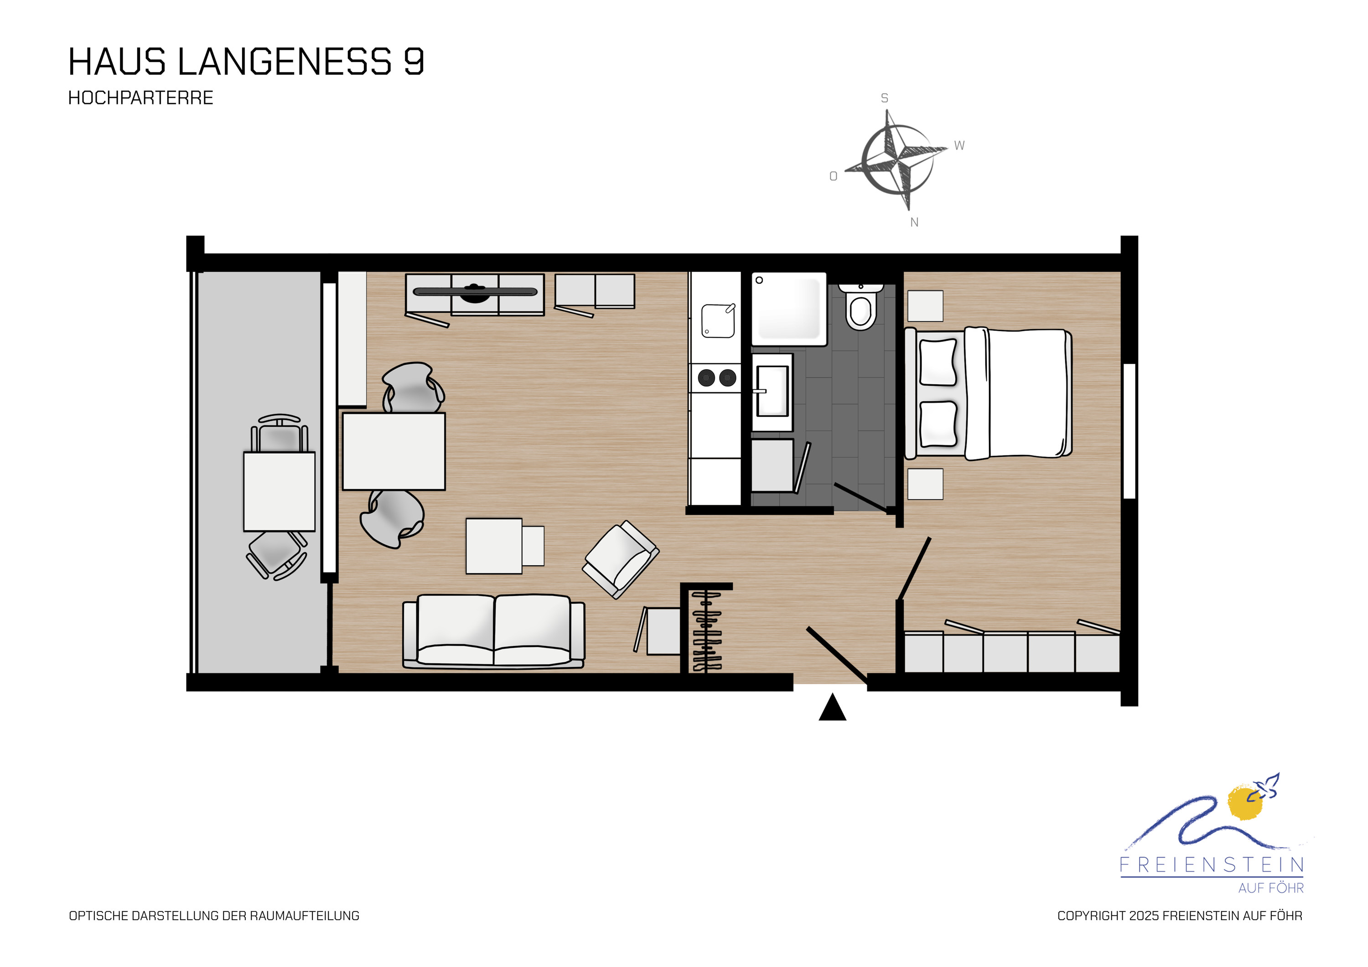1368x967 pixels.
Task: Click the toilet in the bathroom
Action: pyautogui.click(x=861, y=305)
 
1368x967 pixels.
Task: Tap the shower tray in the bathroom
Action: pyautogui.click(x=789, y=309)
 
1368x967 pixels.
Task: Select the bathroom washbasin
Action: pyautogui.click(x=772, y=392)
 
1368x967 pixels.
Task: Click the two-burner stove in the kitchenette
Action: pyautogui.click(x=716, y=378)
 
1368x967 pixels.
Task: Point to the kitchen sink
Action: pyautogui.click(x=718, y=321)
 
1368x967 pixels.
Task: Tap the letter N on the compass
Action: pyautogui.click(x=915, y=222)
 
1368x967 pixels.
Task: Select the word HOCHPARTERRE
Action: pyautogui.click(x=140, y=98)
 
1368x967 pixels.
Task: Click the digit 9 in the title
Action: pyautogui.click(x=414, y=62)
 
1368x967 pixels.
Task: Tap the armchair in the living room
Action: pyautogui.click(x=621, y=559)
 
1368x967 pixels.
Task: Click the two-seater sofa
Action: pyautogui.click(x=493, y=631)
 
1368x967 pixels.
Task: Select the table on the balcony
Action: pyautogui.click(x=279, y=491)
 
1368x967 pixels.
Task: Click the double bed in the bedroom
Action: pyautogui.click(x=988, y=393)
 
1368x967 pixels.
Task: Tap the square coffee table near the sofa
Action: pyautogui.click(x=494, y=546)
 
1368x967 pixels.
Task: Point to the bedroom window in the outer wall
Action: pyautogui.click(x=1129, y=431)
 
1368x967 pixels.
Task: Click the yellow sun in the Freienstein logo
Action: pyautogui.click(x=1245, y=802)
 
